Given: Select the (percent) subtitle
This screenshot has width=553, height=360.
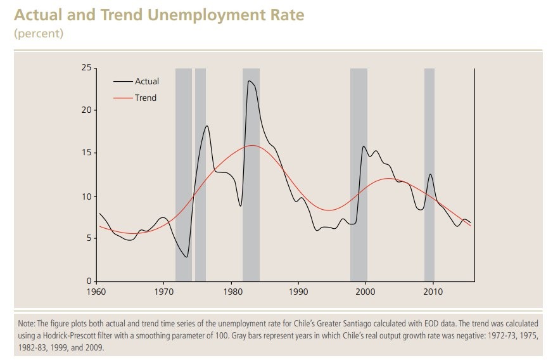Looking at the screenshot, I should [x=39, y=34].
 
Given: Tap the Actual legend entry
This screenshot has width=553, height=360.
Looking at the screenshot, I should [x=146, y=81].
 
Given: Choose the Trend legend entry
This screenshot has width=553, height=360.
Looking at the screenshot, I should [x=145, y=98].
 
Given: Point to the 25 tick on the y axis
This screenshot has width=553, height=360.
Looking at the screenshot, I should [x=87, y=68].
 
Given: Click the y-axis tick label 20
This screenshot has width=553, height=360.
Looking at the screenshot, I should [x=87, y=110].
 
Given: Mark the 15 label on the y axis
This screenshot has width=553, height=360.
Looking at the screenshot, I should [x=87, y=153].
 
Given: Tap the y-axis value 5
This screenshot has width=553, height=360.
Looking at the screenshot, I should [x=89, y=238].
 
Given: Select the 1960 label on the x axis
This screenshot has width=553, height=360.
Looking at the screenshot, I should [x=96, y=292].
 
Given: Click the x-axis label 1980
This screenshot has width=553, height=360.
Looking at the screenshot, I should [x=231, y=292].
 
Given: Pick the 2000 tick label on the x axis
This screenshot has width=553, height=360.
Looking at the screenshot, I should [x=365, y=292].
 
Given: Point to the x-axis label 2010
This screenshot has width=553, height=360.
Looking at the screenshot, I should [x=433, y=292].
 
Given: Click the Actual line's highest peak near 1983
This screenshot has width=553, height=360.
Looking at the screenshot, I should [x=249, y=81].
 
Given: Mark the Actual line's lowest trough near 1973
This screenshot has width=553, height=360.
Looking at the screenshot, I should [x=186, y=257].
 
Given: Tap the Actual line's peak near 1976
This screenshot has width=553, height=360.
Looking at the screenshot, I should [x=207, y=126].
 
